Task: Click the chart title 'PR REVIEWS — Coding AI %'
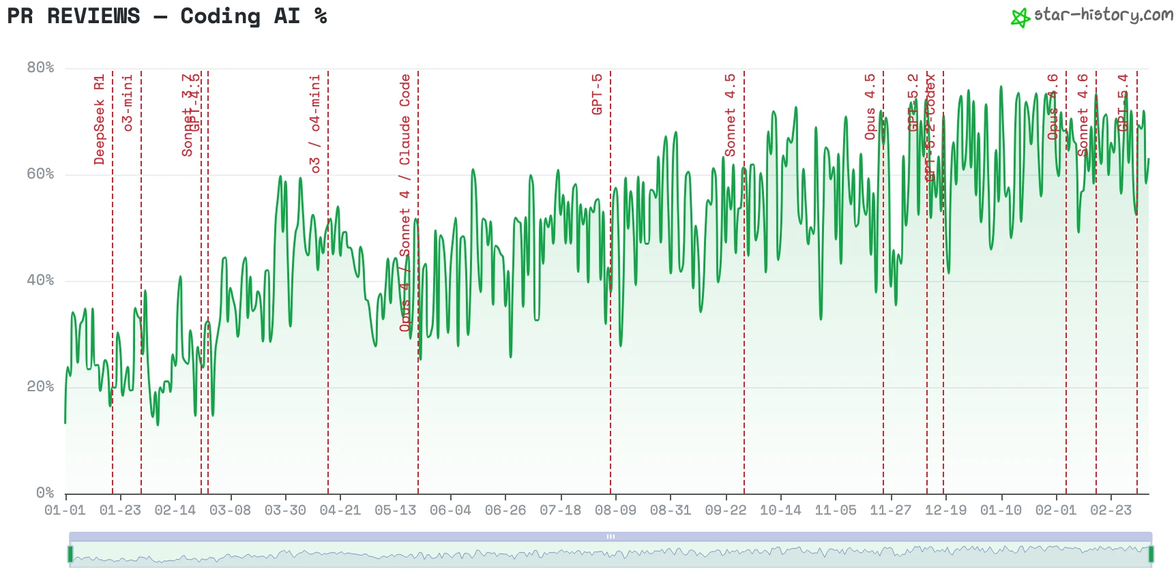click(x=167, y=16)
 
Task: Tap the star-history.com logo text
click(x=1102, y=15)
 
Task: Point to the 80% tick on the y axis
click(x=40, y=67)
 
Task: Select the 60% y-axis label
click(x=40, y=174)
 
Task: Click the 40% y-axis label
click(x=40, y=280)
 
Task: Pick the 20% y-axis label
click(x=40, y=387)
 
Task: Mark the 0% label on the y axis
click(x=45, y=492)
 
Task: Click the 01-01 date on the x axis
click(x=65, y=510)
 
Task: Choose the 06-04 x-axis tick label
click(x=450, y=510)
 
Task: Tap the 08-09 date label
click(x=615, y=510)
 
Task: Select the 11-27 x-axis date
click(x=890, y=510)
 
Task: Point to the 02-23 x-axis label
click(x=1111, y=510)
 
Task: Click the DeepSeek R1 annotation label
click(x=100, y=120)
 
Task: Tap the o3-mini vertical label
click(x=128, y=103)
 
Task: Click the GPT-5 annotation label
click(x=597, y=94)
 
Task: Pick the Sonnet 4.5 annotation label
click(x=730, y=115)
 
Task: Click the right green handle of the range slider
click(x=1151, y=554)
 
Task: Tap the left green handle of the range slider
click(x=70, y=554)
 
